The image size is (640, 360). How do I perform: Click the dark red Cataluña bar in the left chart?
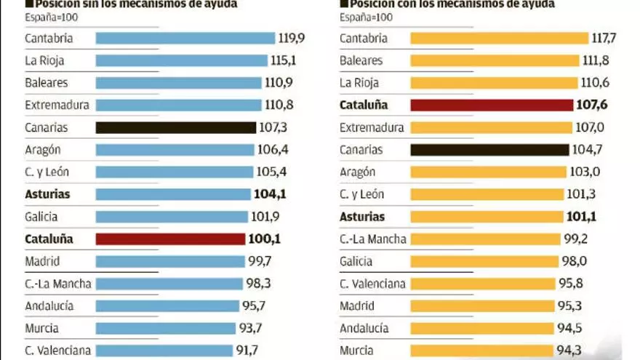tap(170, 239)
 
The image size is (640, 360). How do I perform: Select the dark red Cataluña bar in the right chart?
tap(492, 105)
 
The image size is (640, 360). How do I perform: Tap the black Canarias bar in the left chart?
tap(176, 128)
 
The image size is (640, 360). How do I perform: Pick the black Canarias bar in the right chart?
tap(489, 150)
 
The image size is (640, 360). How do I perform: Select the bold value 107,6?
tap(593, 105)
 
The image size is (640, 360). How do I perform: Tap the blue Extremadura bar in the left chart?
tap(178, 105)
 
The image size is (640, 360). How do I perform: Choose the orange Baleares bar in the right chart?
tap(495, 61)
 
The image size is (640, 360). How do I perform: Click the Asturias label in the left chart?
tap(47, 195)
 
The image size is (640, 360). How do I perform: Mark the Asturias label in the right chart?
tap(362, 217)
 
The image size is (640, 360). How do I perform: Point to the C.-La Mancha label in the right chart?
tap(372, 239)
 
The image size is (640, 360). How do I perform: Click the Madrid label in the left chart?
tap(42, 261)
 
